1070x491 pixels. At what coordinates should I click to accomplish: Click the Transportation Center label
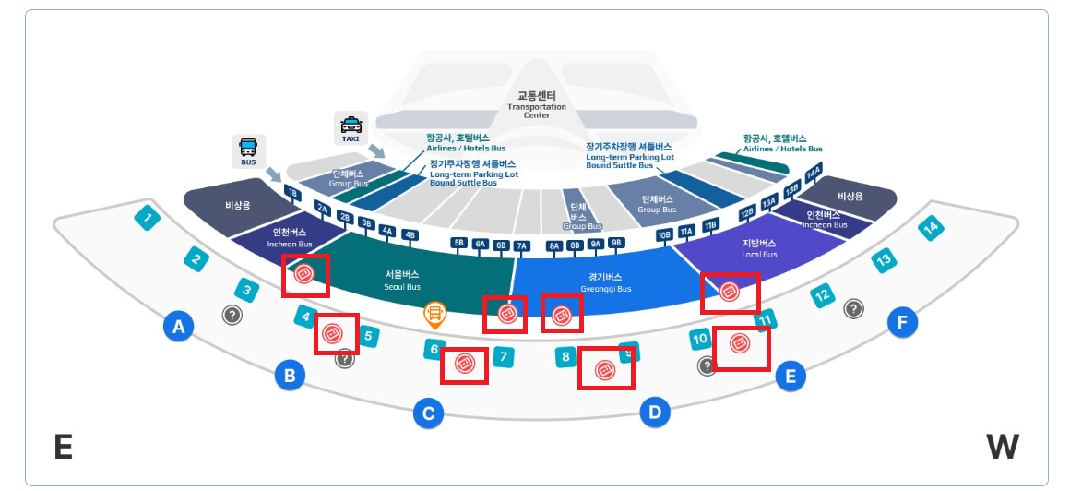point(536,104)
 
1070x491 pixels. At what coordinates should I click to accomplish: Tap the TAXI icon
point(351,128)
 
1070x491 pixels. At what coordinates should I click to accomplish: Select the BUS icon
point(248,150)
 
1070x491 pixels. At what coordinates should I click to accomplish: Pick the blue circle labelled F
point(902,322)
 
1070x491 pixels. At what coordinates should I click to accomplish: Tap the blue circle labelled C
point(428,413)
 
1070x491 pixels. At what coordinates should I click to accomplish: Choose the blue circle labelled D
point(655,411)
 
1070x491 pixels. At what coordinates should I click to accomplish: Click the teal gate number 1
point(147,219)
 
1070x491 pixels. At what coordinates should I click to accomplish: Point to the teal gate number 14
point(932,227)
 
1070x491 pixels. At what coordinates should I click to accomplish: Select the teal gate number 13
point(884,260)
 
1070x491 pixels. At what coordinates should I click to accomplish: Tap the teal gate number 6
point(433,350)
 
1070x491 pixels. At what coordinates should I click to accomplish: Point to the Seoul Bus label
point(401,280)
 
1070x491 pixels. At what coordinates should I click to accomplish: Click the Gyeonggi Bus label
point(605,281)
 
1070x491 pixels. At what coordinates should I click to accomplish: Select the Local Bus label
point(760,248)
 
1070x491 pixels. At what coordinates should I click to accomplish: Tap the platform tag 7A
point(521,245)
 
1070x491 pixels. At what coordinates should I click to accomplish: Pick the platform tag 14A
point(813,174)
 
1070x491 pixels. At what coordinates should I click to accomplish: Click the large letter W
point(1003,447)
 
